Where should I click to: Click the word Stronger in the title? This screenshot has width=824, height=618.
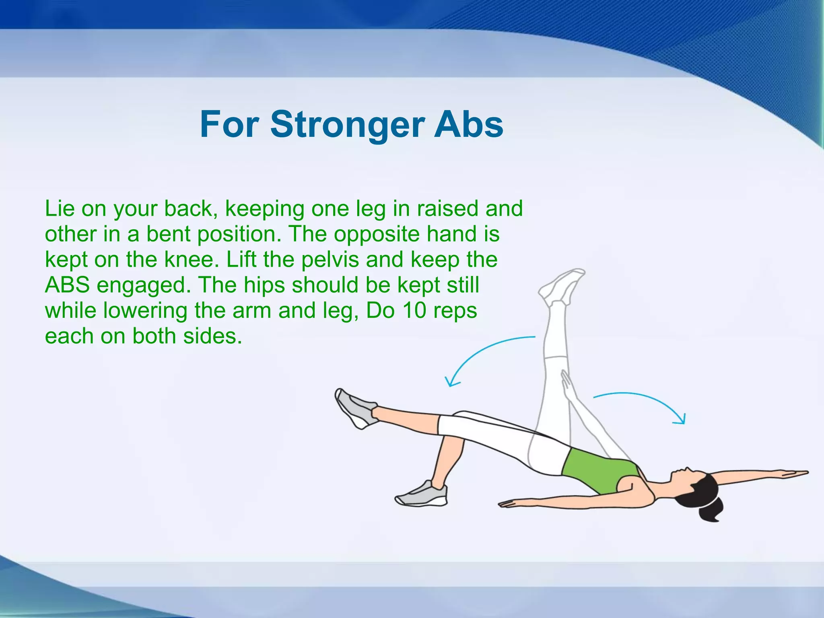pos(347,125)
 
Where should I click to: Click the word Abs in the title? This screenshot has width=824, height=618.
pos(468,125)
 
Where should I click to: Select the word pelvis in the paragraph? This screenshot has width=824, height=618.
pos(330,260)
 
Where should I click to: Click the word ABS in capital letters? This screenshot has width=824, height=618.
pos(67,285)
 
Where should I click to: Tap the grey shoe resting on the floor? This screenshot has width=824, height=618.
pos(422,494)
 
